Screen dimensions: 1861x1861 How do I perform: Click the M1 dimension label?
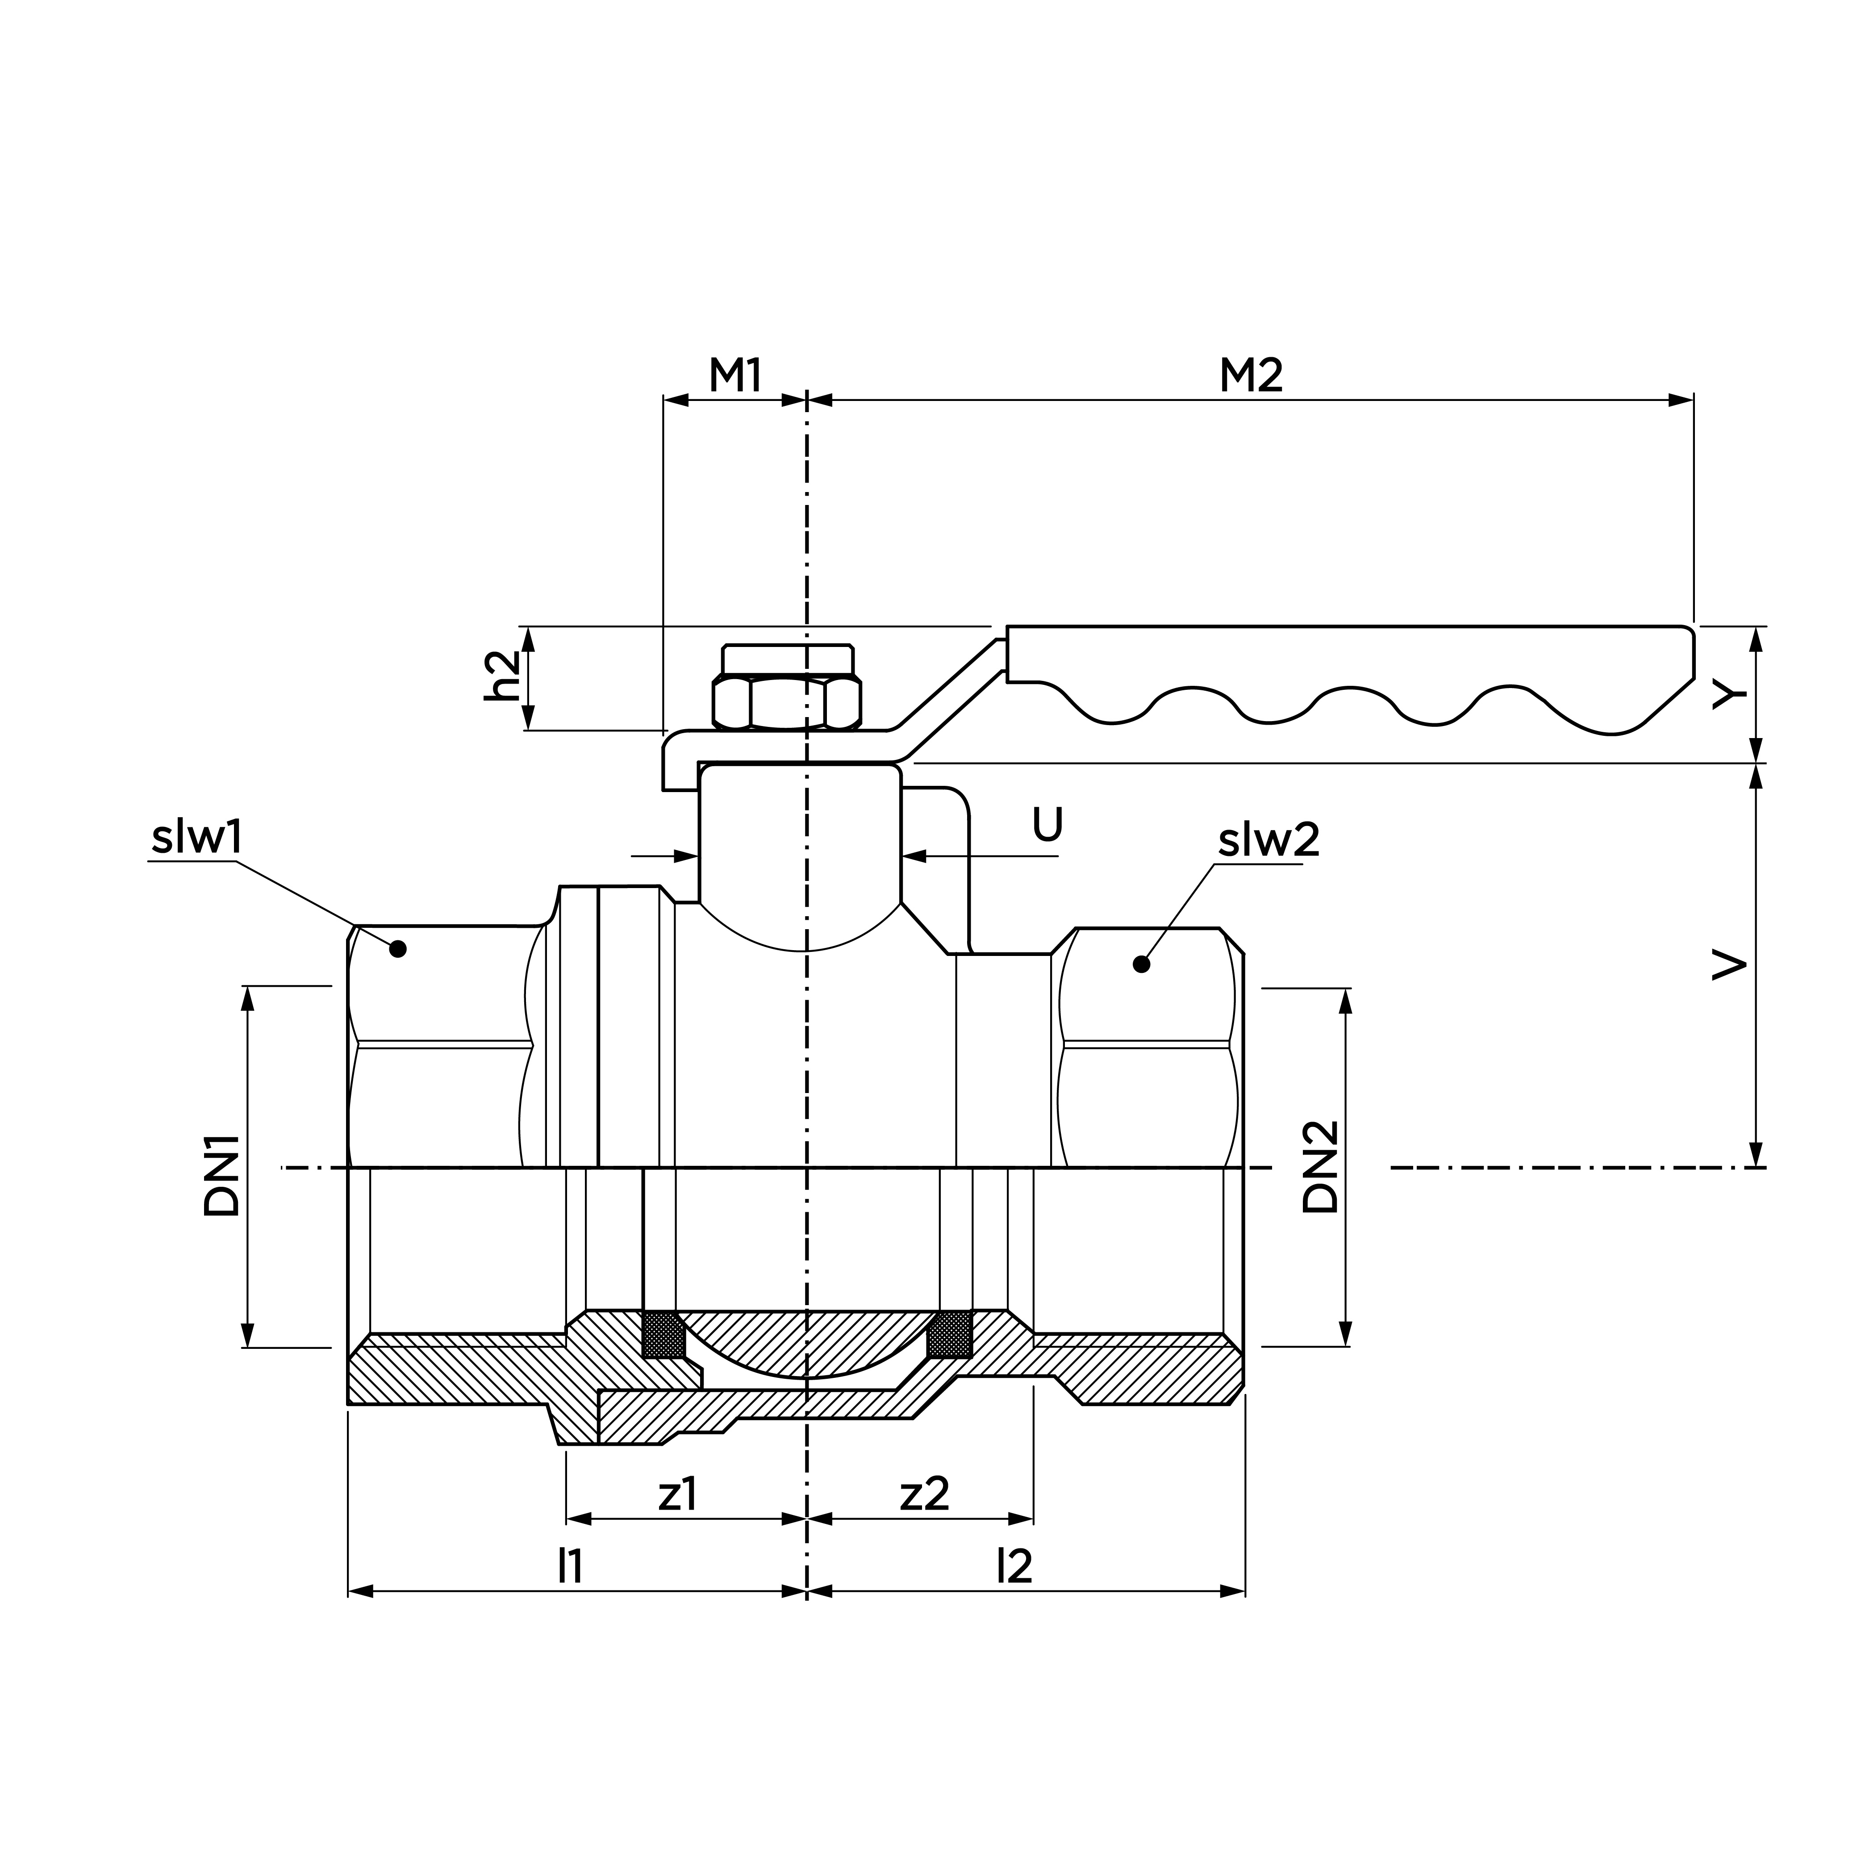[x=736, y=376]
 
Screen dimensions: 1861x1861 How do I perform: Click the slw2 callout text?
[x=1268, y=841]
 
